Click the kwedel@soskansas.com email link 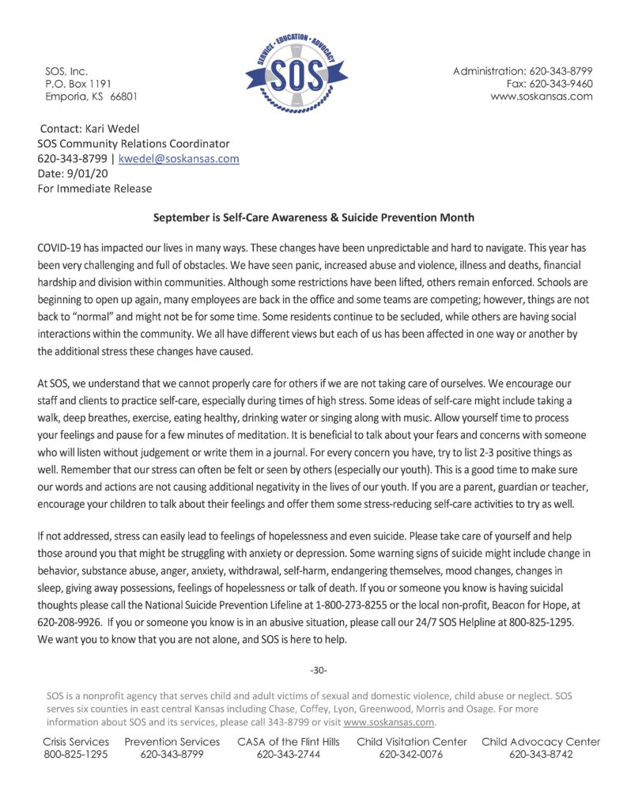(179, 159)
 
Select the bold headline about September (313, 218)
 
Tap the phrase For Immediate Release (95, 189)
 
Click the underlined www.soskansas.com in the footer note (389, 722)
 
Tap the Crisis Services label (76, 742)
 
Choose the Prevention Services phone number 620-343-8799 (172, 755)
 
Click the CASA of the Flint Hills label (289, 742)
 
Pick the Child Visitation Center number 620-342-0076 (411, 755)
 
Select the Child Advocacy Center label (541, 742)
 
